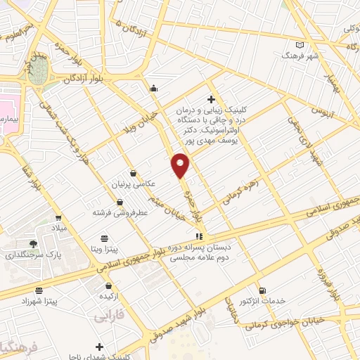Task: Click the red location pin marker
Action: (181, 165)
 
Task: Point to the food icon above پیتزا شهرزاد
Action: (38, 290)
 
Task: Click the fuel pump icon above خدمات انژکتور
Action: (262, 290)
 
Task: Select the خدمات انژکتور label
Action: (263, 301)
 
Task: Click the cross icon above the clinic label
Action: (211, 99)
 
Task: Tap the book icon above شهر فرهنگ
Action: (300, 44)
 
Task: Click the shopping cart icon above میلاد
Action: (58, 217)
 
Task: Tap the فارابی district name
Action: (108, 317)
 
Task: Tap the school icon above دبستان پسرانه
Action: (199, 236)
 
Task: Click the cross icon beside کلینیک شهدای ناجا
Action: (99, 347)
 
